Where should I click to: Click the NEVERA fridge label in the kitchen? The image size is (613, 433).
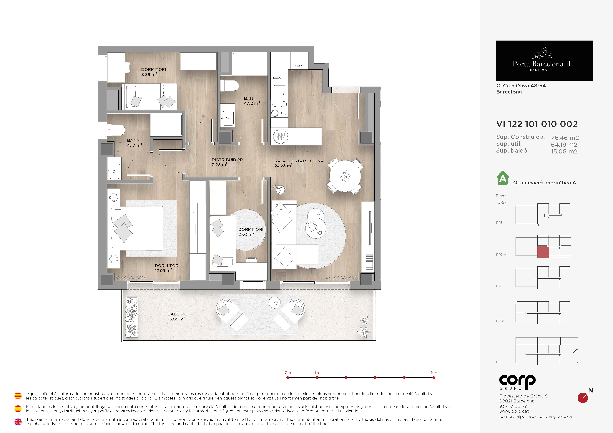point(299,66)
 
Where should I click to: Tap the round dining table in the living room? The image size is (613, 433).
point(345,176)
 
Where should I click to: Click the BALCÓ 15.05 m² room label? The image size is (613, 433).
point(176,316)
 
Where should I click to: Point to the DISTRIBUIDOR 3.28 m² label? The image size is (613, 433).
point(227,162)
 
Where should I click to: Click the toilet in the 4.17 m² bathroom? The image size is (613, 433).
point(116,130)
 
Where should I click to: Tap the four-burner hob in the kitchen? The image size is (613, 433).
point(279,109)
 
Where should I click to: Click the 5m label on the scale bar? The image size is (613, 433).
point(434,373)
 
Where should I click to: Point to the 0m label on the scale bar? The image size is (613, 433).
point(288,373)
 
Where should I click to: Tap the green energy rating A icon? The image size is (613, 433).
point(503,178)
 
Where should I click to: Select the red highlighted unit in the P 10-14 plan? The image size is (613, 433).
point(543,252)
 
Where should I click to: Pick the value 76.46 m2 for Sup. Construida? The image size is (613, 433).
point(565,138)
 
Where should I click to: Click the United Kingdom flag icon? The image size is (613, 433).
point(18,422)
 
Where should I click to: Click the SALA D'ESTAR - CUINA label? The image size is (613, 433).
point(299,161)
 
